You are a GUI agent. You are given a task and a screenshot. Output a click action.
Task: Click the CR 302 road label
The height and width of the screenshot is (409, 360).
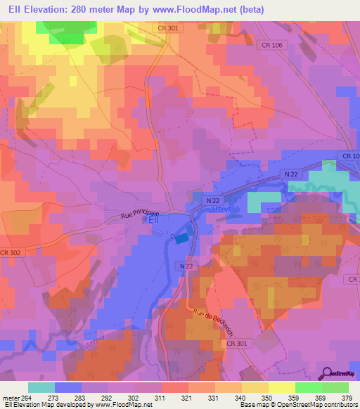click(x=10, y=252)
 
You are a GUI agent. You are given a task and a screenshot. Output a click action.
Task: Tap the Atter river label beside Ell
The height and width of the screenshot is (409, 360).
click(x=219, y=217)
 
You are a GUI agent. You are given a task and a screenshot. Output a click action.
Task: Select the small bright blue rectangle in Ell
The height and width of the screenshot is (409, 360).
click(x=181, y=239)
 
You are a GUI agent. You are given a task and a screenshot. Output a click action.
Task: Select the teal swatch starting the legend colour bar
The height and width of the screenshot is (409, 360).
click(x=41, y=387)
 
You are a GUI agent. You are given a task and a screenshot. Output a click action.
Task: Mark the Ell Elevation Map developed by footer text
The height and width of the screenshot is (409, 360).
click(x=46, y=405)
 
